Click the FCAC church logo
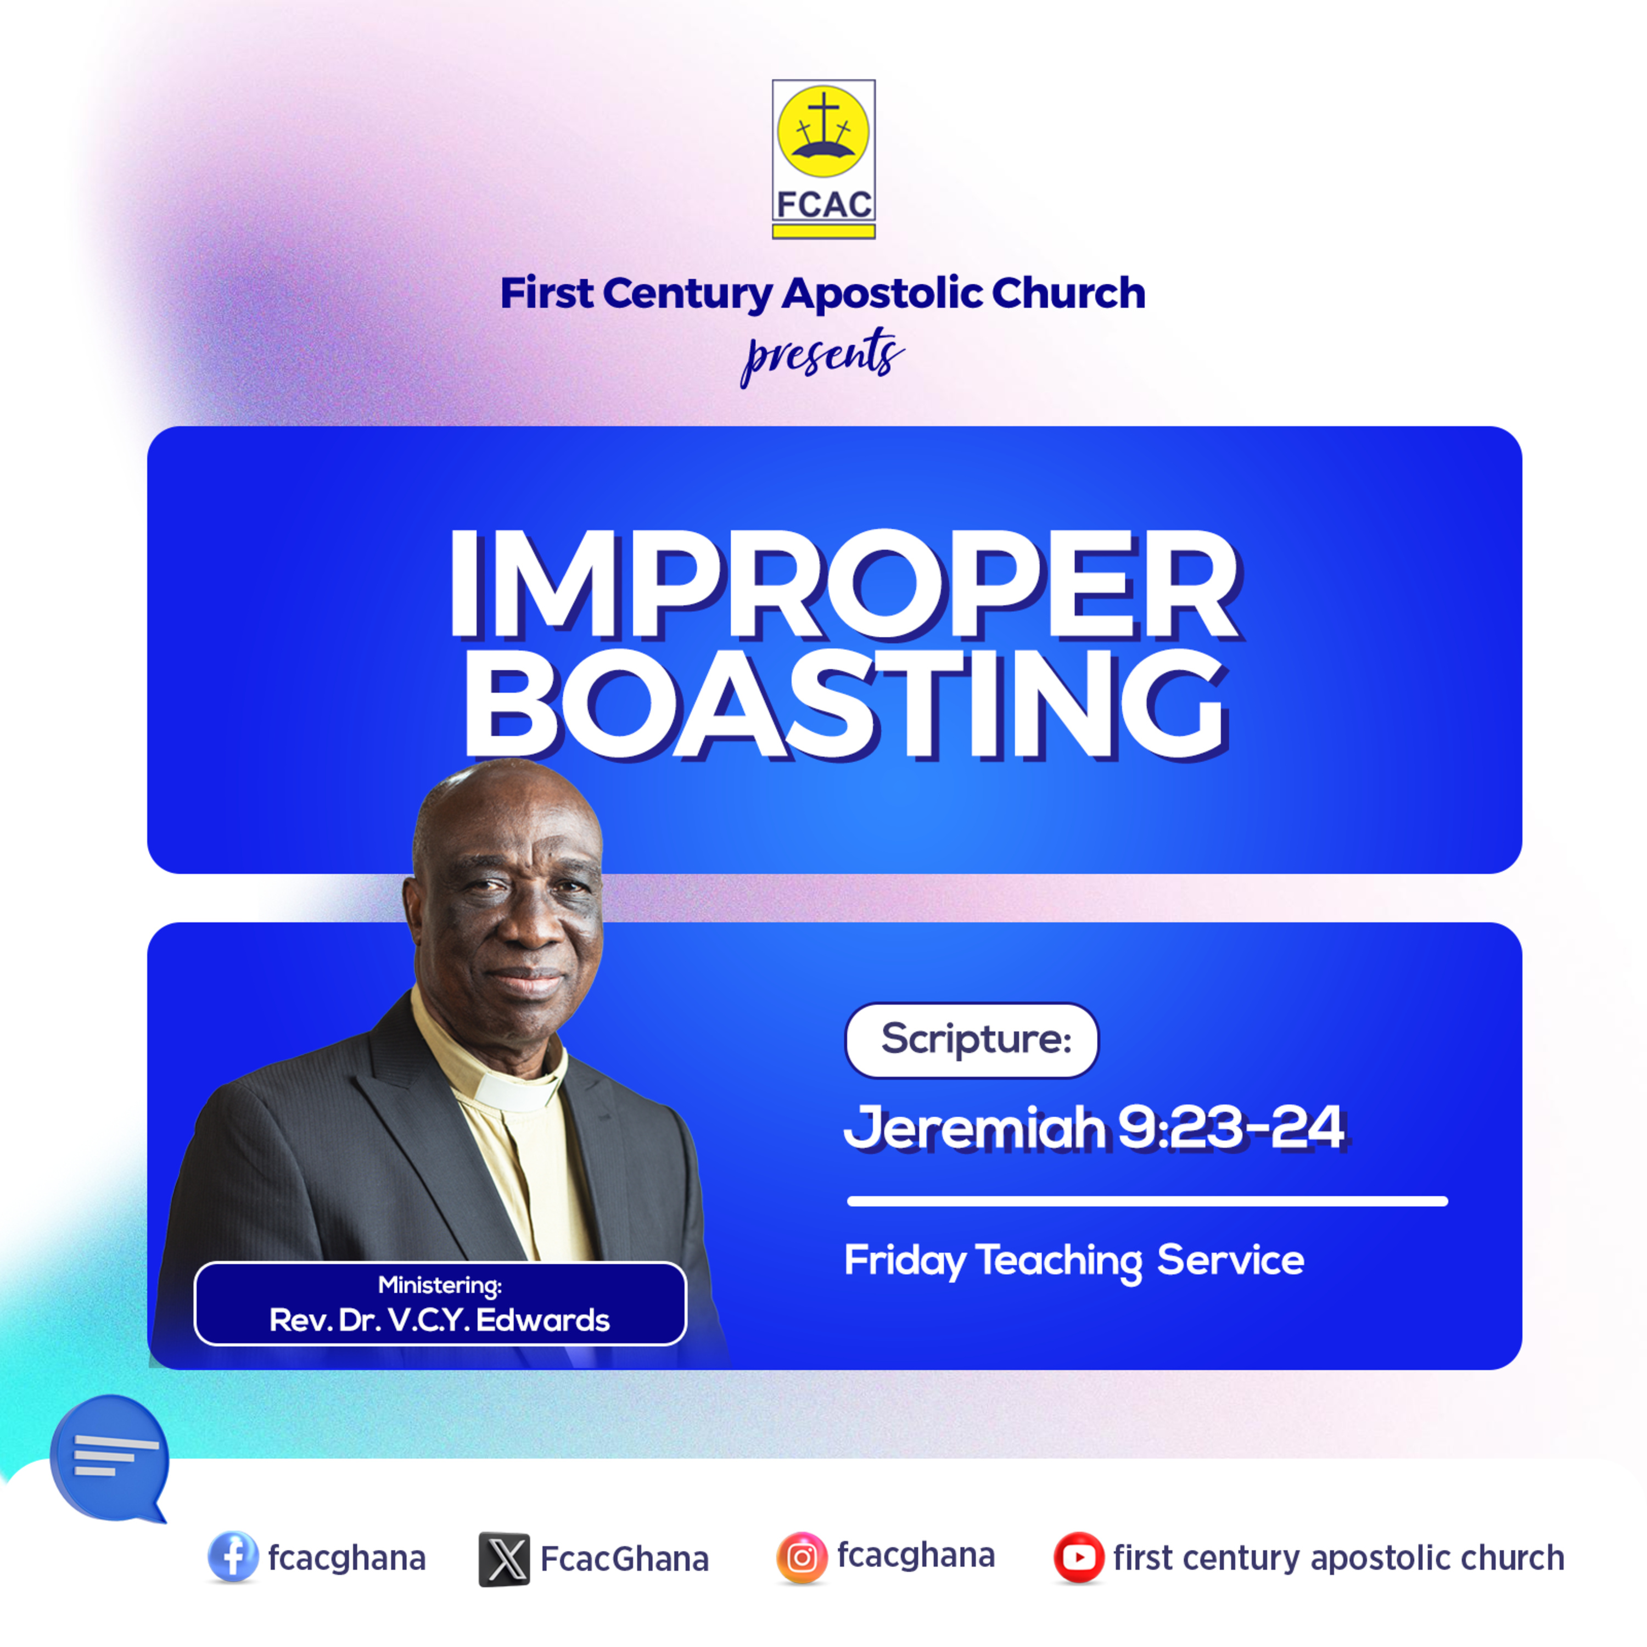click(x=824, y=159)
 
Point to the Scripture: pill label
click(x=972, y=1040)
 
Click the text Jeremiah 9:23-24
click(x=1095, y=1127)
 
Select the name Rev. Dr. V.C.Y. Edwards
click(x=440, y=1320)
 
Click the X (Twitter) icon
click(x=504, y=1559)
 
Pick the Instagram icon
click(x=802, y=1558)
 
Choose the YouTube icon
click(x=1078, y=1558)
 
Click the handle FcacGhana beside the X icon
click(x=625, y=1559)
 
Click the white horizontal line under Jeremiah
click(x=1147, y=1201)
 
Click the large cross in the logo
click(x=824, y=117)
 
